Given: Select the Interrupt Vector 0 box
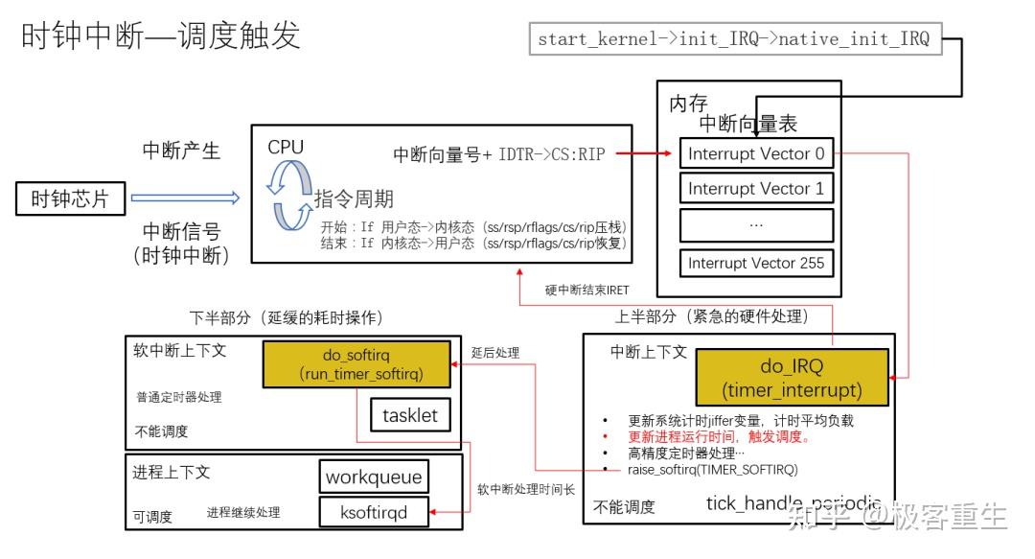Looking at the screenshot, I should point(756,153).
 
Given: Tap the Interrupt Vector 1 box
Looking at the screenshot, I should point(756,189).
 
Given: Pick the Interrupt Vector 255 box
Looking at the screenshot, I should point(756,263).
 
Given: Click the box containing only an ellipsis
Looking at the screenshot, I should point(756,225).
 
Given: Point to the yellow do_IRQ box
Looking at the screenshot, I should point(792,377).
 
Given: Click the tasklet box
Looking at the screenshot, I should point(409,415).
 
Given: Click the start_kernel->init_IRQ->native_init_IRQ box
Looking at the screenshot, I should point(734,39).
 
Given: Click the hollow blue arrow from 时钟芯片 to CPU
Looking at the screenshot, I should point(184,198).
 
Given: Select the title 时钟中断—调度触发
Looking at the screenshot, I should point(161,35).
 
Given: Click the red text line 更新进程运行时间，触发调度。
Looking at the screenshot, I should point(719,436).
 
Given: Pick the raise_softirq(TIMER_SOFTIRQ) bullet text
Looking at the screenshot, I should point(713,470).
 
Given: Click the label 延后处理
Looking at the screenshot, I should point(495,353).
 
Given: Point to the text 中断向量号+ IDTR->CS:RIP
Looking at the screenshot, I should point(499,153).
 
